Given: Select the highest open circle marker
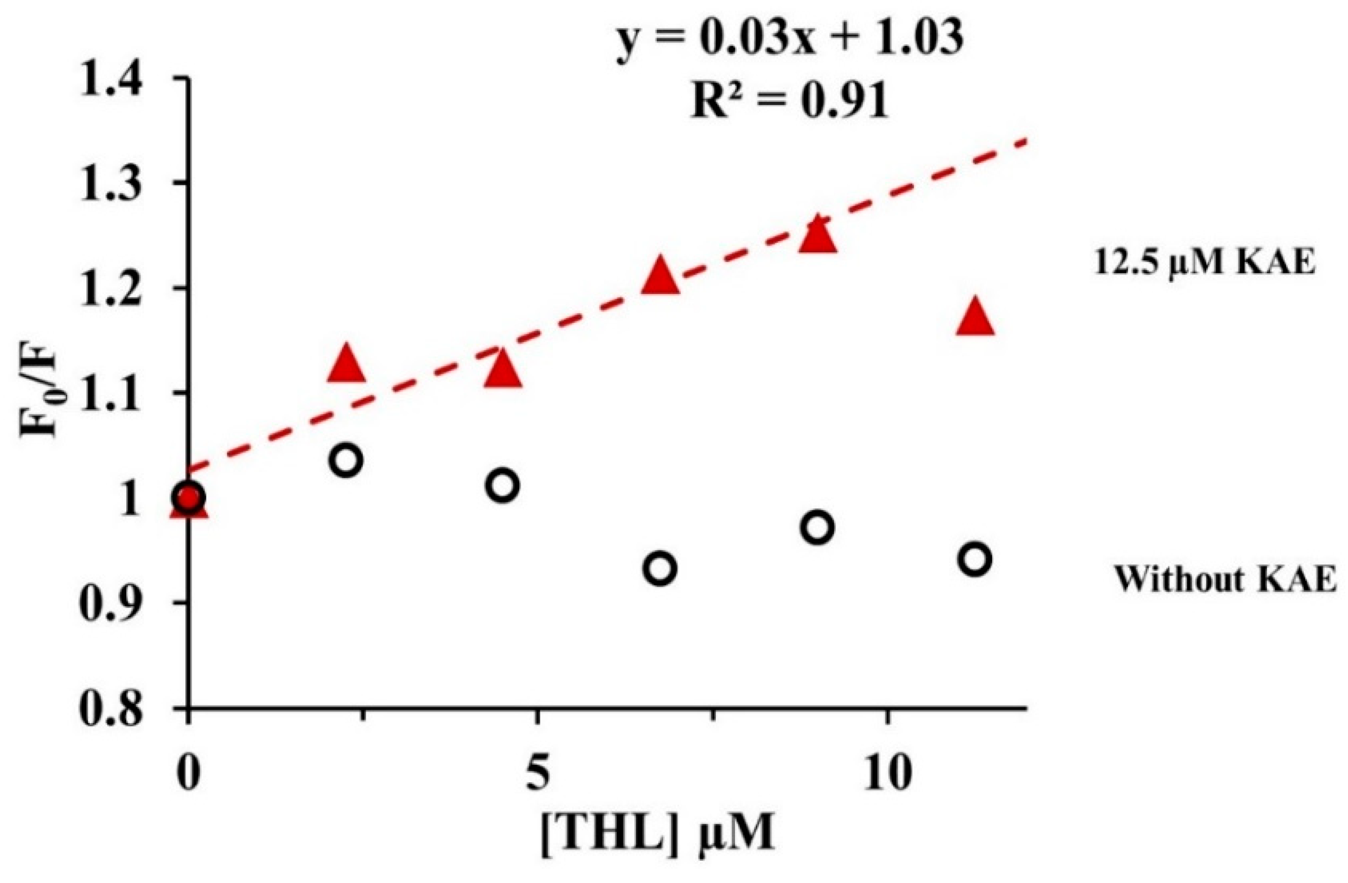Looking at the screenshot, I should point(345,459).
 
